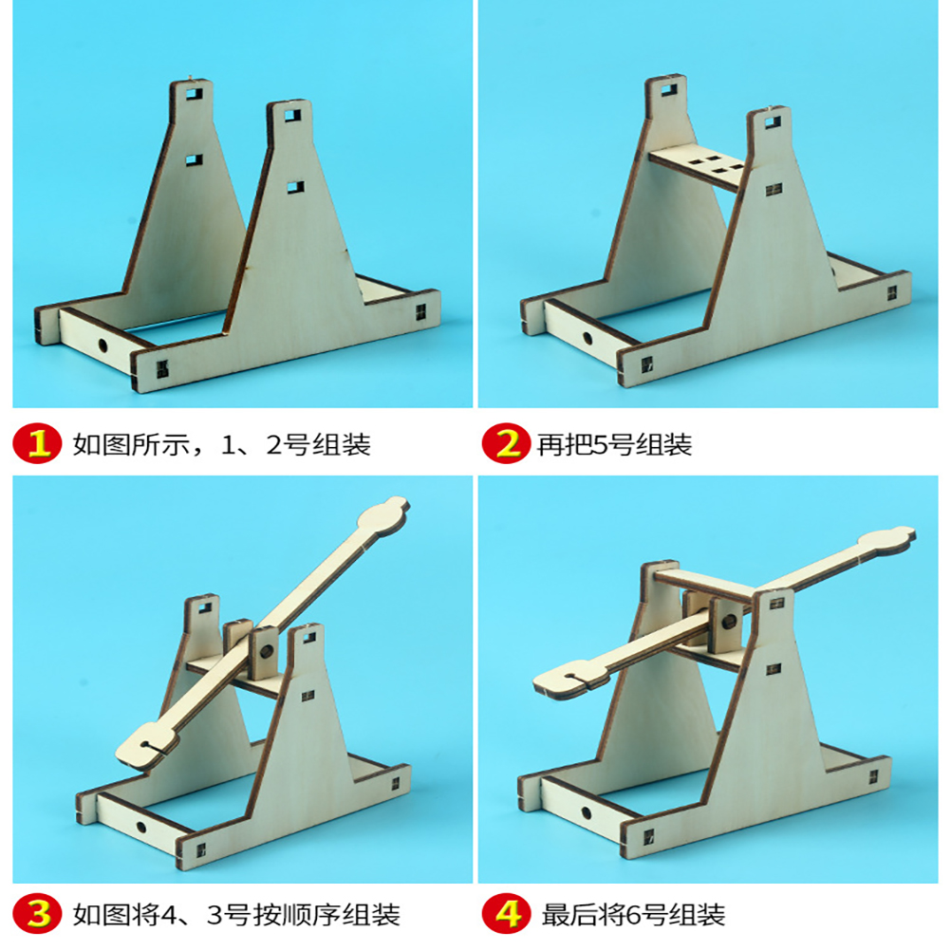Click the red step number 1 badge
click(37, 443)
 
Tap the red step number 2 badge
click(506, 443)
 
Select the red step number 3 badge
click(37, 913)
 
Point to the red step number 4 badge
click(506, 913)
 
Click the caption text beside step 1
click(221, 444)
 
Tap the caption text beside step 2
click(614, 444)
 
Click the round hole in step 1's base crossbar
click(103, 346)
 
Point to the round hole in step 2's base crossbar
click(587, 338)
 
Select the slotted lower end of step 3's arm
click(145, 746)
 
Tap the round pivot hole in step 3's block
click(266, 652)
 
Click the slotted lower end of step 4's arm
click(564, 678)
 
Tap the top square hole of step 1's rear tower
click(194, 95)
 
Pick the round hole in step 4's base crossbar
click(586, 813)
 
